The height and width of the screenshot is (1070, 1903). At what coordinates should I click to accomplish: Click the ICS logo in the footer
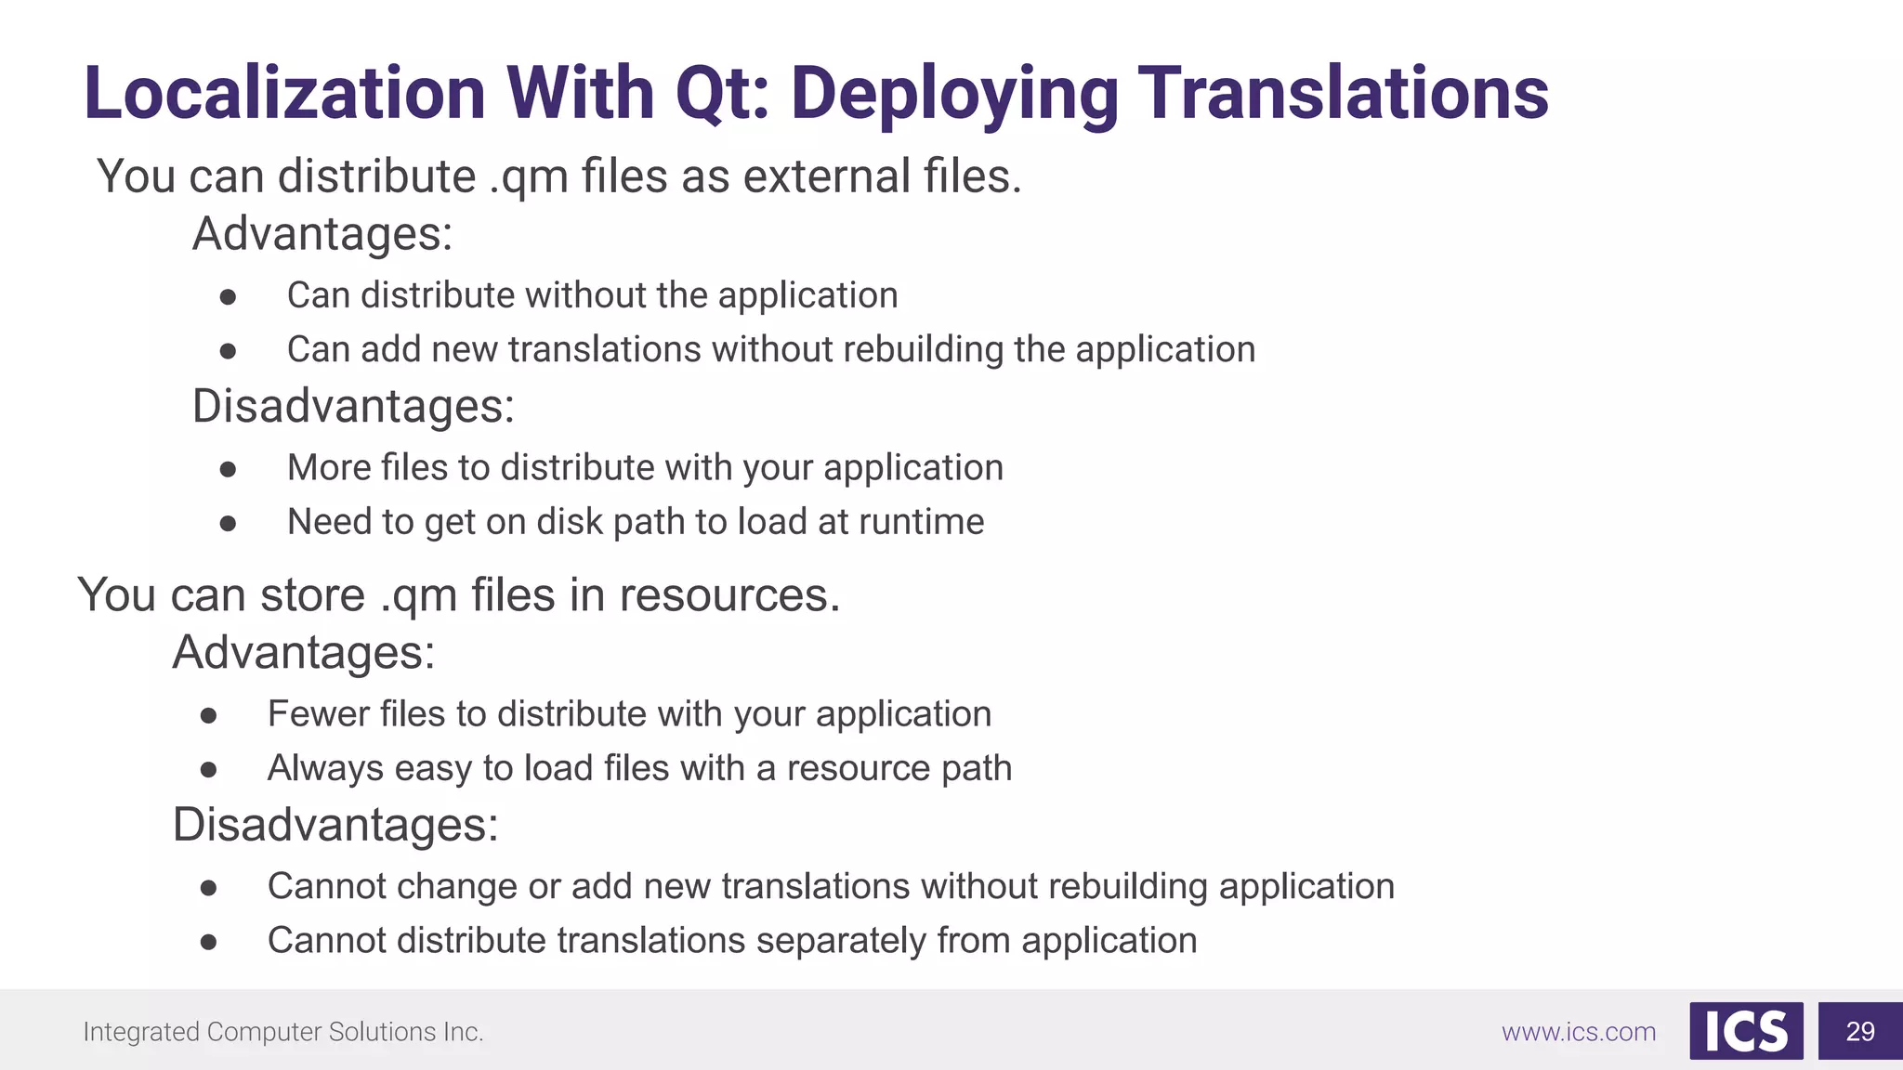click(1746, 1031)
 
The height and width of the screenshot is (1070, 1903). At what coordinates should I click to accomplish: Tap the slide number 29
click(1859, 1031)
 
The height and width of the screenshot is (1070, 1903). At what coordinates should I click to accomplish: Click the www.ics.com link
click(1579, 1032)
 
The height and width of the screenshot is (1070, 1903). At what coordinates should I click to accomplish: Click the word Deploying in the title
click(954, 95)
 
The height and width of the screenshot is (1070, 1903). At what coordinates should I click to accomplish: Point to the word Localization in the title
click(284, 95)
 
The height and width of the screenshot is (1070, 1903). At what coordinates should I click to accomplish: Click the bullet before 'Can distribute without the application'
click(228, 297)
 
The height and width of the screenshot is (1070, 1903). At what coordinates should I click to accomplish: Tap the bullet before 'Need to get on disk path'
click(228, 524)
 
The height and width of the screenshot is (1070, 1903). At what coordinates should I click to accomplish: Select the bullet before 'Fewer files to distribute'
click(208, 716)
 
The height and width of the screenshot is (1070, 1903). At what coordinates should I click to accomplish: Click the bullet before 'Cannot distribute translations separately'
click(208, 943)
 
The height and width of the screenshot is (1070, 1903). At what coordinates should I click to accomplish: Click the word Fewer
click(309, 714)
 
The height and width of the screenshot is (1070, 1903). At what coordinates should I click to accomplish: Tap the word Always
click(325, 769)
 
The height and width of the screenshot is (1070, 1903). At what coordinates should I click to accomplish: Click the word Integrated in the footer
click(140, 1032)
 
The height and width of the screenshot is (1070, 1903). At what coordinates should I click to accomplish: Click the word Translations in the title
click(1343, 95)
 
